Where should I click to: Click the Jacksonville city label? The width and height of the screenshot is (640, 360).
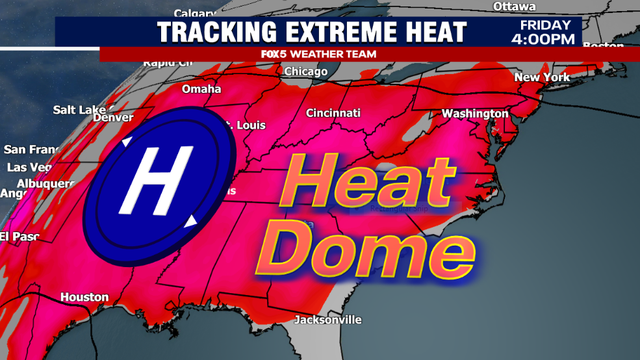click(328, 320)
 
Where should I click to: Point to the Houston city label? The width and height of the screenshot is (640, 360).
click(84, 297)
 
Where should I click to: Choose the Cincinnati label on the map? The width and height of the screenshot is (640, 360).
click(333, 113)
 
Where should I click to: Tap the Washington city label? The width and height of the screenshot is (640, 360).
click(475, 113)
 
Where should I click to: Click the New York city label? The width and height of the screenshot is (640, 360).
click(541, 77)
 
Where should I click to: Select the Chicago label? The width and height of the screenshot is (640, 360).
click(306, 71)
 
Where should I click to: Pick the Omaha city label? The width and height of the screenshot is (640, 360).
click(201, 89)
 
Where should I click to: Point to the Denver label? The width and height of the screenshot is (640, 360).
click(112, 117)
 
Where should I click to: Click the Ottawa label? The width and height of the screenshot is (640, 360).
click(514, 6)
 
